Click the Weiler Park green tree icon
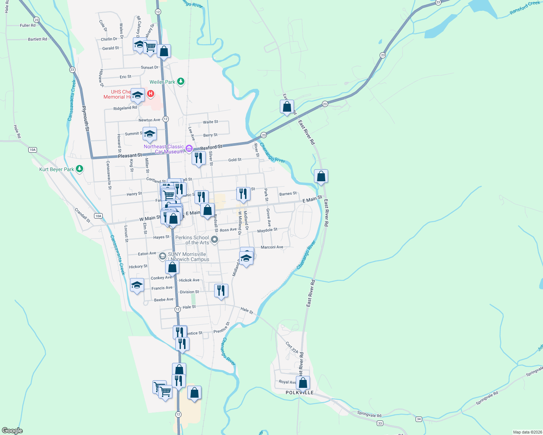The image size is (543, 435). [x=181, y=82]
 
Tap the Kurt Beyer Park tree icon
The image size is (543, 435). [x=80, y=169]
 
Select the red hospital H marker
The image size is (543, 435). [x=150, y=94]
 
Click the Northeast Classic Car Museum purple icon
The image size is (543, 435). [x=189, y=148]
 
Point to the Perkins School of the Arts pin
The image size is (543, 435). [x=215, y=239]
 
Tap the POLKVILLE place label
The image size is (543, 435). [x=299, y=393]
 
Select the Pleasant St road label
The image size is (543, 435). [x=130, y=156]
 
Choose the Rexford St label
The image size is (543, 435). [x=211, y=147]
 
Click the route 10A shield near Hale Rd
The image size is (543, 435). [x=33, y=150]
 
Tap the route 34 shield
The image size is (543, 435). [x=419, y=419]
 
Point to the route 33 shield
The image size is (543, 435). [x=380, y=423]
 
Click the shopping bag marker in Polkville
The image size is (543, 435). [x=303, y=383]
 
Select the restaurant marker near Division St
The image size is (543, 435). [x=221, y=291]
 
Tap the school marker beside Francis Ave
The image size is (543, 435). [x=137, y=285]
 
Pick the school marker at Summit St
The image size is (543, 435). [x=150, y=134]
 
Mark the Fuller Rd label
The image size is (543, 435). [x=28, y=25]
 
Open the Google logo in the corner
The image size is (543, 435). [x=12, y=431]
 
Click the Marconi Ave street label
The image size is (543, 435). [x=272, y=247]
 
